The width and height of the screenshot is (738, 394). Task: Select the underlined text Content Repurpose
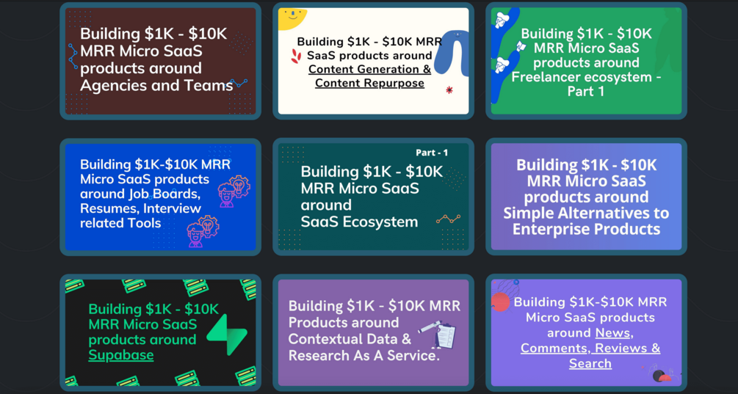click(x=369, y=83)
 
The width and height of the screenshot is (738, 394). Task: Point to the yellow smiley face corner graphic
click(x=292, y=17)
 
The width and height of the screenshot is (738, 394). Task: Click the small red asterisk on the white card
click(x=449, y=90)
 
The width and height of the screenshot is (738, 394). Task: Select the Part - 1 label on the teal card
click(x=432, y=153)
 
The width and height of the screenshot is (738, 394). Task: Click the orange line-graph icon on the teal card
click(x=448, y=219)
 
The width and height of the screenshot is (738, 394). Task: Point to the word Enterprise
click(x=557, y=229)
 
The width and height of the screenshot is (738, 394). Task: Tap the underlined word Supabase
click(x=121, y=355)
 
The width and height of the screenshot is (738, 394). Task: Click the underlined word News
click(x=612, y=332)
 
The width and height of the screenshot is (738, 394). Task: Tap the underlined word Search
click(x=590, y=363)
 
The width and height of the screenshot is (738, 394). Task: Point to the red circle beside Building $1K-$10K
click(x=501, y=302)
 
